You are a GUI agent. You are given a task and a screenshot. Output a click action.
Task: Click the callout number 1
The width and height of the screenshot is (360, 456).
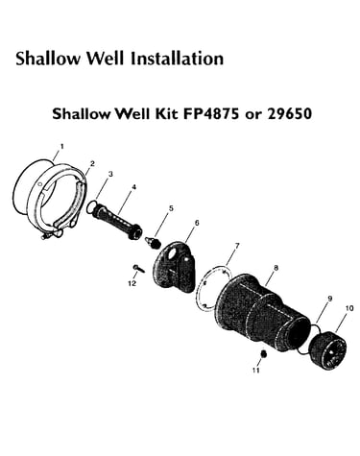coord(62,147)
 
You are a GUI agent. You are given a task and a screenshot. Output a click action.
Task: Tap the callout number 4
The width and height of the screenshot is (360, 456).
coord(133,187)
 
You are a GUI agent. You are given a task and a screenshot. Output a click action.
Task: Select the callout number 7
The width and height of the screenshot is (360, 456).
coord(237,246)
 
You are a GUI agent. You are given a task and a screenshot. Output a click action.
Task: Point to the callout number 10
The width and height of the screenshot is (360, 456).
coord(349,308)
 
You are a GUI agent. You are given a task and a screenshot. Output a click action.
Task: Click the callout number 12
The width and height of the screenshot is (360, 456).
coord(132,283)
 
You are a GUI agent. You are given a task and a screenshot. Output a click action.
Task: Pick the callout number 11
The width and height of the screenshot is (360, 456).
coord(255,371)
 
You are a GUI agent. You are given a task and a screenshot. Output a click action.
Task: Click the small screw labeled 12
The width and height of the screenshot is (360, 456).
coord(138,268)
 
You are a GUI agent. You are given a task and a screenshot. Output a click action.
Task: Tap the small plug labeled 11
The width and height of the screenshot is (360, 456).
coord(264,354)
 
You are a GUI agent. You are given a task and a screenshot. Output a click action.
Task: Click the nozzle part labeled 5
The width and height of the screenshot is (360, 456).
coord(153,242)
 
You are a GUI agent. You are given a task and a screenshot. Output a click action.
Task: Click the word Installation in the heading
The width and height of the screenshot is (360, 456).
coord(177,59)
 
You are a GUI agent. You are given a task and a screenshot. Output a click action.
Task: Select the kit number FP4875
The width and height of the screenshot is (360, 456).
coord(211,113)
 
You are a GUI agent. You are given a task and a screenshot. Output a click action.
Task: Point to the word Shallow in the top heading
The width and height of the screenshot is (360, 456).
coord(49,59)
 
